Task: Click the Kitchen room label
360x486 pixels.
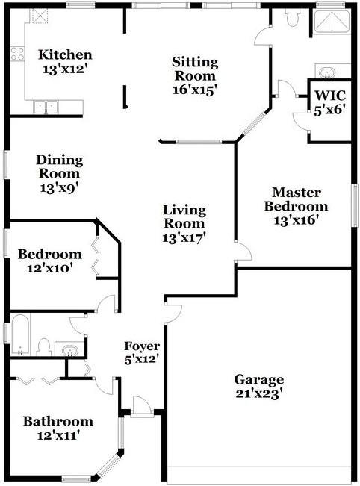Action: click(66, 55)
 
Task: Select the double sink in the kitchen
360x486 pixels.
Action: click(46, 107)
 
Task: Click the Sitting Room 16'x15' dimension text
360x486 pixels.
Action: click(194, 89)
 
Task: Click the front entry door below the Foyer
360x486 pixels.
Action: click(139, 406)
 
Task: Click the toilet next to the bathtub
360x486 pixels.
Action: click(44, 348)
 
